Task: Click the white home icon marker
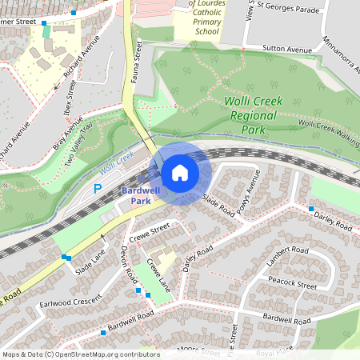[180, 172]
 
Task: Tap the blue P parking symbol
[98, 189]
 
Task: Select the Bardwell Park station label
[141, 196]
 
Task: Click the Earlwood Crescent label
[71, 302]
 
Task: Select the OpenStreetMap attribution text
[81, 354]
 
